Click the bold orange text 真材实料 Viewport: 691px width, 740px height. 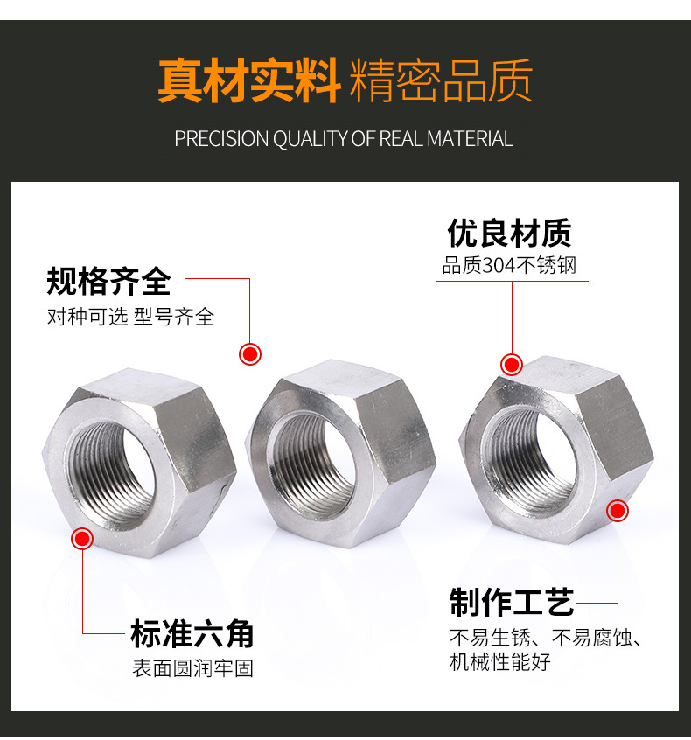tap(248, 80)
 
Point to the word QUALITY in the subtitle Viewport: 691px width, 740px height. tap(311, 139)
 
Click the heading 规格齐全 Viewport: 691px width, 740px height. tap(108, 282)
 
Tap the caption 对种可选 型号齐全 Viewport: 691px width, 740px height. tap(130, 316)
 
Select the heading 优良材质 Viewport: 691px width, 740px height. tap(509, 233)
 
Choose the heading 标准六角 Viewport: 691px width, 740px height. tap(192, 634)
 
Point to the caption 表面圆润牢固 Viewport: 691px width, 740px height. tap(192, 668)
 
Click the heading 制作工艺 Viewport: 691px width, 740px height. tap(512, 602)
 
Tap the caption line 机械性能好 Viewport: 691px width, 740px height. tap(499, 661)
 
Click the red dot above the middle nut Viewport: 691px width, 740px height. tap(249, 354)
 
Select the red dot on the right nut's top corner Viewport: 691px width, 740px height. tap(512, 365)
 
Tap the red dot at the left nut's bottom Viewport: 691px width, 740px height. tap(82, 539)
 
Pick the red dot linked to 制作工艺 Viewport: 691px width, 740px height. tap(618, 510)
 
